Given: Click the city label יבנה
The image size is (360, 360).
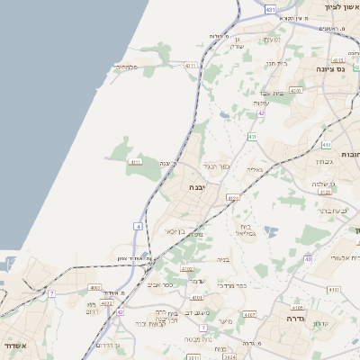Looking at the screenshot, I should click(x=196, y=187).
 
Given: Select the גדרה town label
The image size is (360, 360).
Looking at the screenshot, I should click(x=294, y=319).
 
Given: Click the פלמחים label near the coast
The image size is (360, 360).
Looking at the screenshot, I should click(x=127, y=67).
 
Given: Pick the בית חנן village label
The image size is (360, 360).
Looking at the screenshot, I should click(x=275, y=63).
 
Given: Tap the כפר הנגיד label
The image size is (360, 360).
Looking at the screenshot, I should click(x=217, y=166).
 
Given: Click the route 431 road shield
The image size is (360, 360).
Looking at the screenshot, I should click(x=271, y=9).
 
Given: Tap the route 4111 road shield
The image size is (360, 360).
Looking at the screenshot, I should click(x=136, y=162).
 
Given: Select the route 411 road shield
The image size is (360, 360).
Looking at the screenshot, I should click(x=253, y=137).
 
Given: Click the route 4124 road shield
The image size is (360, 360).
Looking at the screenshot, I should click(x=234, y=197).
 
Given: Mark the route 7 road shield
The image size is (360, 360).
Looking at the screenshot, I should click(x=52, y=293).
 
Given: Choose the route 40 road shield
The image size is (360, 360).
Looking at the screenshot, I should click(x=308, y=259).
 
